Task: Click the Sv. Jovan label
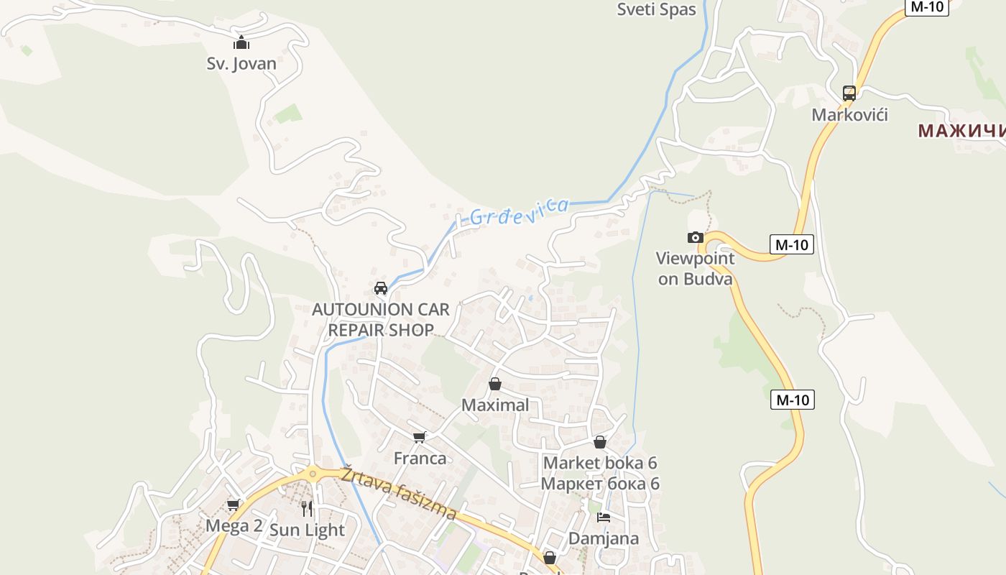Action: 241,63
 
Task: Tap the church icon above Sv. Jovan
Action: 241,42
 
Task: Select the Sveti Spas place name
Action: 657,9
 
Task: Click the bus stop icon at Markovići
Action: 849,93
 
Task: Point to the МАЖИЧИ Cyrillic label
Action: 961,131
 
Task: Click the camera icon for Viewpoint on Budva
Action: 695,238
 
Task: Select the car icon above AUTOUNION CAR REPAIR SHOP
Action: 381,288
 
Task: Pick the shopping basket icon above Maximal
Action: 495,384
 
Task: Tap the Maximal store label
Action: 495,405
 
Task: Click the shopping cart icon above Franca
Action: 420,437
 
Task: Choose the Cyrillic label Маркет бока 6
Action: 600,484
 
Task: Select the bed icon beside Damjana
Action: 604,517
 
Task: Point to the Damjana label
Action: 604,538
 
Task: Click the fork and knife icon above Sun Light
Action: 307,509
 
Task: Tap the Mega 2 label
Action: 234,525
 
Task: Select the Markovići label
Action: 849,114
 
